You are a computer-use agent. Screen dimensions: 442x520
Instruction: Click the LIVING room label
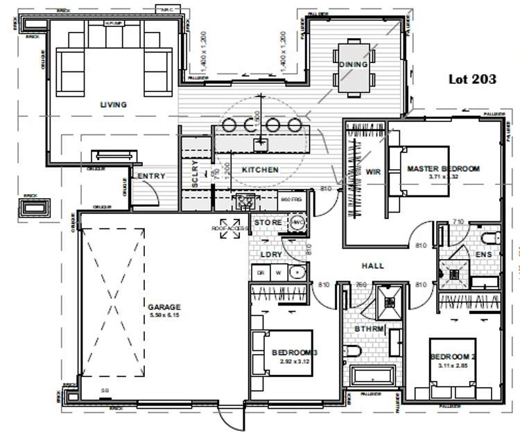tap(113, 105)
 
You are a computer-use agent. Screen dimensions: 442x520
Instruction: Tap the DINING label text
tap(353, 64)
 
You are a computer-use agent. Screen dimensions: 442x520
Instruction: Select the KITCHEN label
tap(260, 170)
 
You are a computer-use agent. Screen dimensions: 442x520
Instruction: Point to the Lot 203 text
tap(472, 80)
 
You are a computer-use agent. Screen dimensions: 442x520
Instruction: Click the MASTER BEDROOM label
tap(443, 168)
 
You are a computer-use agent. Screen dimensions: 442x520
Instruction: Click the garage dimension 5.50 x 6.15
tap(164, 315)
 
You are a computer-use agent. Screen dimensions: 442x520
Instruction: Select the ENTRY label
tap(151, 177)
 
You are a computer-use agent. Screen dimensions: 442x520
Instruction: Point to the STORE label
tap(267, 222)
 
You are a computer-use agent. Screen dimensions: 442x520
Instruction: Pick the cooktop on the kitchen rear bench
tap(244, 201)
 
